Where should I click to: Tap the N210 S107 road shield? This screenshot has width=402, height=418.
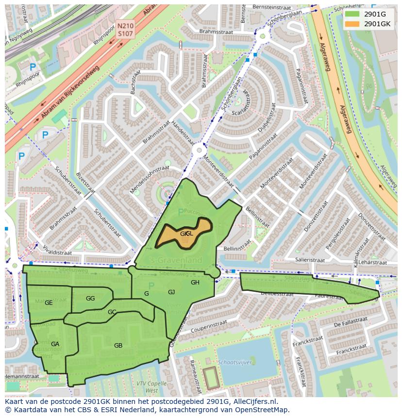125,30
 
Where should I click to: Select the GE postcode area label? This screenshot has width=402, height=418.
49,303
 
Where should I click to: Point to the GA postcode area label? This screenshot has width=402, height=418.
55,344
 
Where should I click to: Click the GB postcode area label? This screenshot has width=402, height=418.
118,346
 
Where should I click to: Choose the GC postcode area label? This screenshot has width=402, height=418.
112,312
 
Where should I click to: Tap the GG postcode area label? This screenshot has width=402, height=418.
90,298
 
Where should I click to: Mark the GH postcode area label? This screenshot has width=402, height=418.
195,283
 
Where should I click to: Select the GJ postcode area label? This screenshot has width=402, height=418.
171,292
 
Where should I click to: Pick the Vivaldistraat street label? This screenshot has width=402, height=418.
55,252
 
